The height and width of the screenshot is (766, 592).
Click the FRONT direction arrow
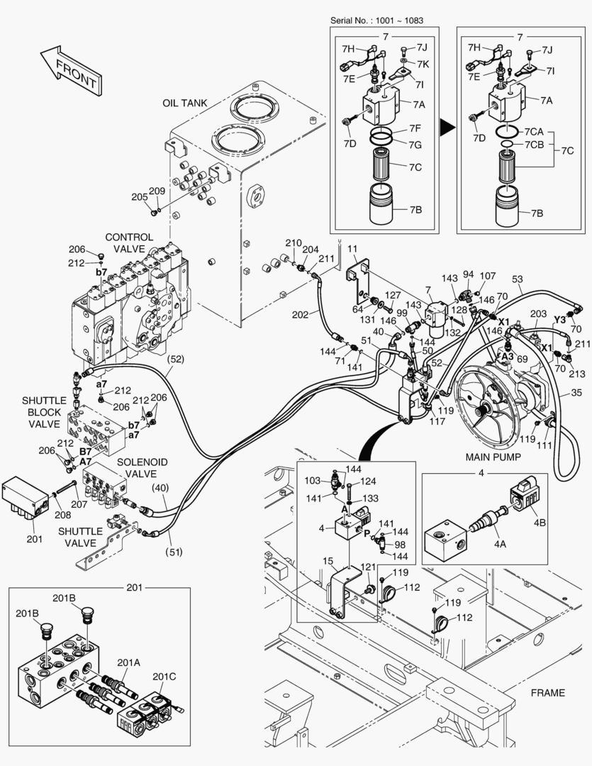click(69, 72)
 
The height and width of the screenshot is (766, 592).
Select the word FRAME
click(547, 692)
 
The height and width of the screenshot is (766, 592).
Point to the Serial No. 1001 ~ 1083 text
click(376, 20)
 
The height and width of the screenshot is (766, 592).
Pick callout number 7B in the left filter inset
click(416, 211)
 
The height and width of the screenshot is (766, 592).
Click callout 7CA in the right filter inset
click(534, 133)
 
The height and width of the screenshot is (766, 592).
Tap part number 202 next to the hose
click(300, 313)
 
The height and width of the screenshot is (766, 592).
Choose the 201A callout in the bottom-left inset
click(129, 662)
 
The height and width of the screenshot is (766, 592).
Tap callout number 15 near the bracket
click(328, 561)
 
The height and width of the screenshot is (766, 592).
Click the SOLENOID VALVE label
click(142, 468)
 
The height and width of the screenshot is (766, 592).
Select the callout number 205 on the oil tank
click(139, 196)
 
